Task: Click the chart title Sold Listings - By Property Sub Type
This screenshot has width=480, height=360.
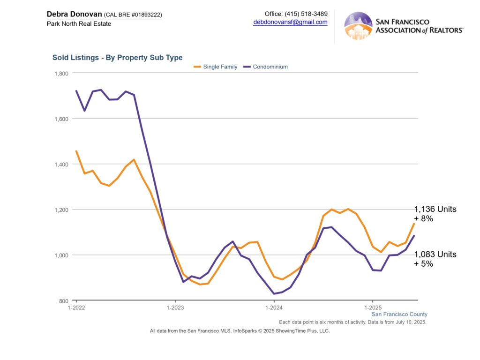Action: [x=117, y=58]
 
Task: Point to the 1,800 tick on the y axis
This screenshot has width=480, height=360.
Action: [x=62, y=74]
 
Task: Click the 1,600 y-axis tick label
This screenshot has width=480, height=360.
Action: [x=62, y=119]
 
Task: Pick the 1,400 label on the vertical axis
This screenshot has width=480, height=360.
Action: [x=62, y=165]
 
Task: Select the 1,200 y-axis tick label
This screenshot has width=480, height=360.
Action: [x=62, y=210]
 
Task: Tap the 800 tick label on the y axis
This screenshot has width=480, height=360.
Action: [x=64, y=301]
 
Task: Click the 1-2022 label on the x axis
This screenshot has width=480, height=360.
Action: [x=76, y=307]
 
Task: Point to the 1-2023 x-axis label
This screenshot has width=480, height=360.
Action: [x=175, y=307]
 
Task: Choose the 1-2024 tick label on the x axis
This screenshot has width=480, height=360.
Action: [x=274, y=307]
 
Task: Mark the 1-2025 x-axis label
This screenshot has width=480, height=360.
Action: [x=373, y=307]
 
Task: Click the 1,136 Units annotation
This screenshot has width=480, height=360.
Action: [x=435, y=210]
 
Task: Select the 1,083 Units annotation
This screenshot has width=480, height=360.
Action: [x=435, y=255]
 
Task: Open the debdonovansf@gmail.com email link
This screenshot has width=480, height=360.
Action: [x=290, y=22]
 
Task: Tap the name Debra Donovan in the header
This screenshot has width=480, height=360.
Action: [x=74, y=14]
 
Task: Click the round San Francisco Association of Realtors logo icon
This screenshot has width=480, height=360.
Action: [x=358, y=26]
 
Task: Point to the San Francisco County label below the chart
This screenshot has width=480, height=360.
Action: [x=399, y=315]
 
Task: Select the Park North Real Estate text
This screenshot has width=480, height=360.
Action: [x=79, y=23]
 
